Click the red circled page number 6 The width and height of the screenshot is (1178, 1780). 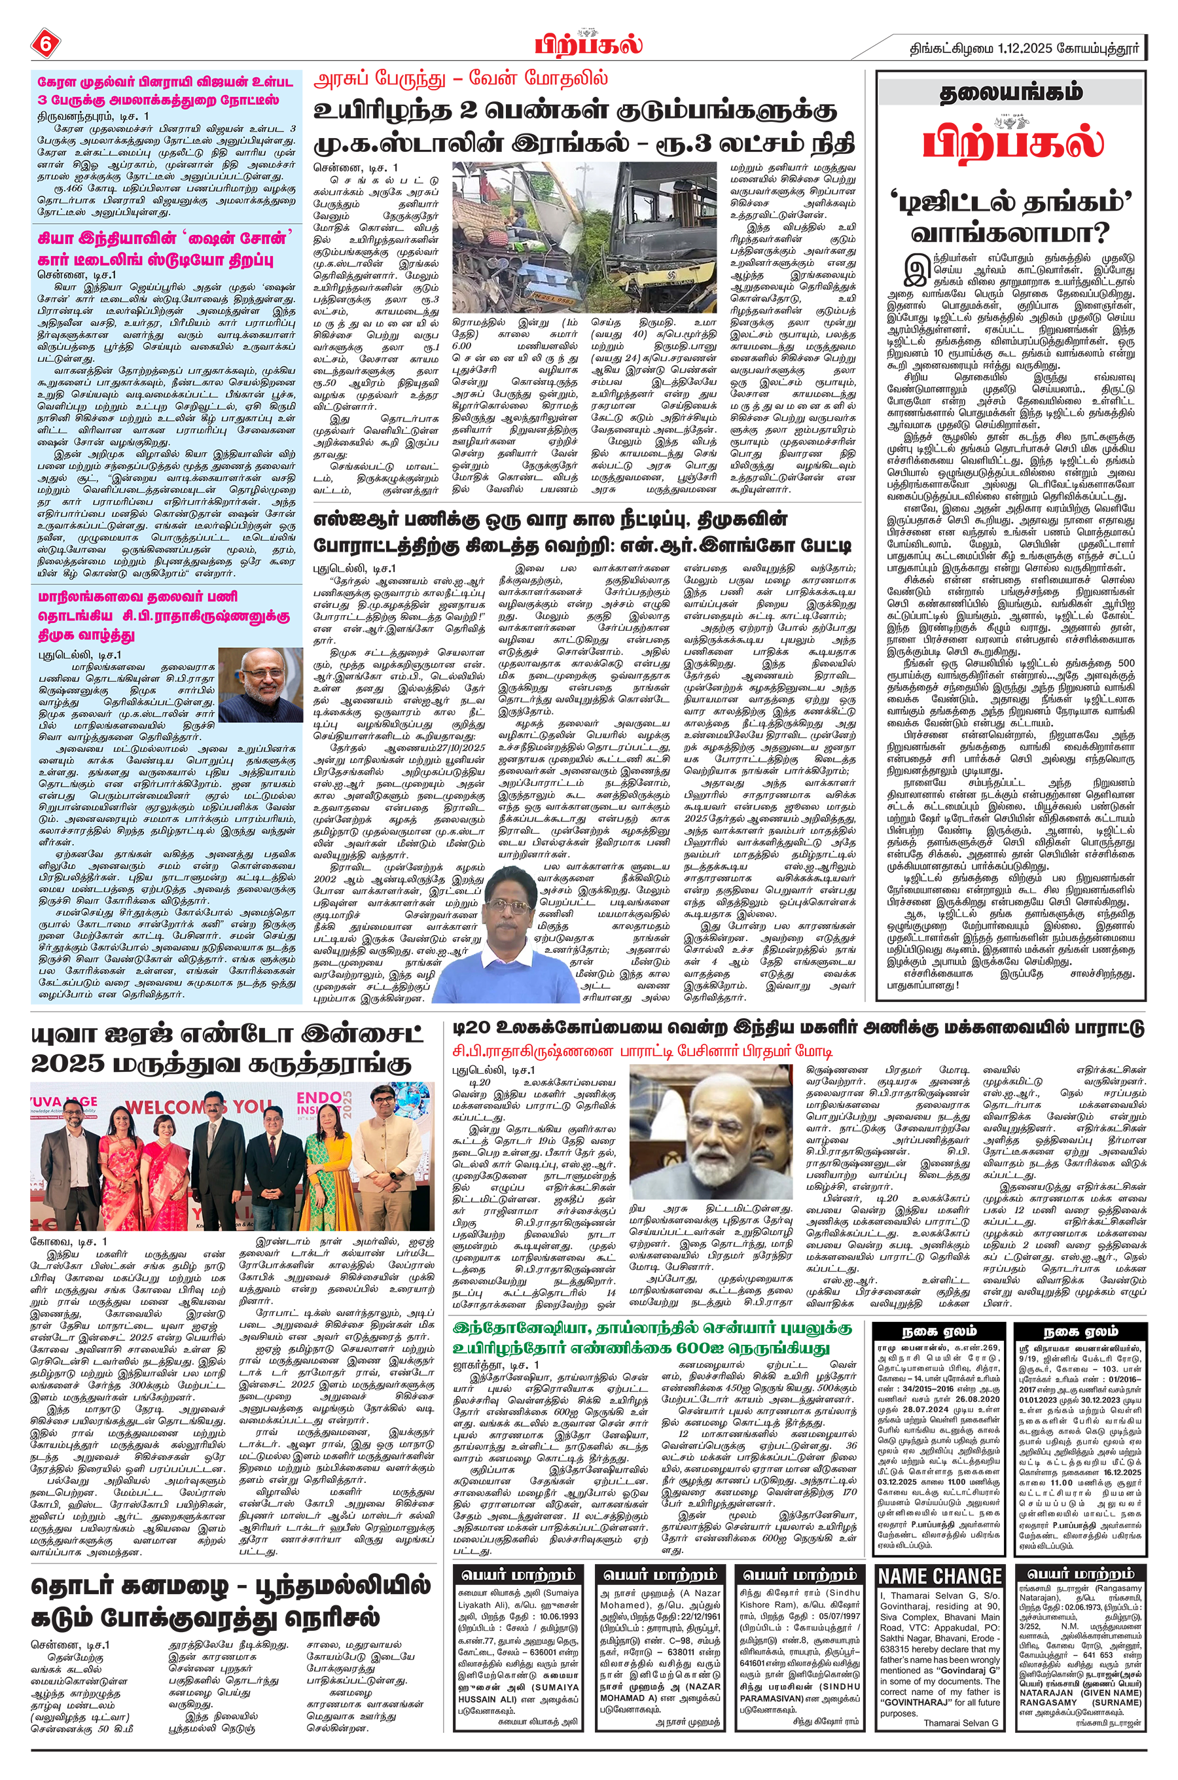[x=45, y=44]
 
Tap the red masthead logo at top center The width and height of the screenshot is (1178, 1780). [x=588, y=44]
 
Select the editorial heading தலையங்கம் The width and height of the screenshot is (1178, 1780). [x=1011, y=92]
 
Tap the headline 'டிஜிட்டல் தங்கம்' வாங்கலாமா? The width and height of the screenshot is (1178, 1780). [x=1011, y=219]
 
